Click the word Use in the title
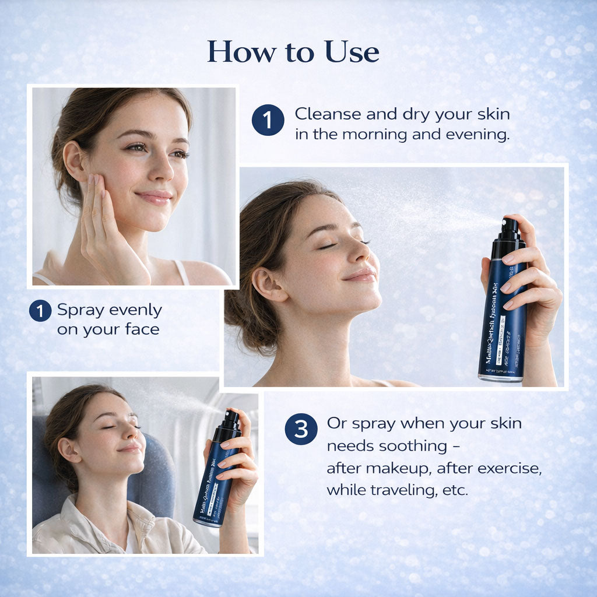352,52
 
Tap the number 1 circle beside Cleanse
268,121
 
